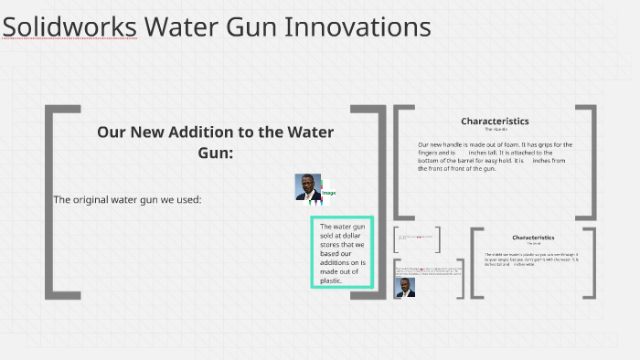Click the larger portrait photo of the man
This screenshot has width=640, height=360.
coord(307,186)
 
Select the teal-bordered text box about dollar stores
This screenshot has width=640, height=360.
coord(342,253)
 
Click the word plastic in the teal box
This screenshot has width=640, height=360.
coord(332,281)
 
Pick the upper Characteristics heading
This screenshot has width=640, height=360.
coord(495,121)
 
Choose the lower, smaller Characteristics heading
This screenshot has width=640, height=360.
coord(533,237)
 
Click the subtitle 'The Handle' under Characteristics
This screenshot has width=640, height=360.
coord(495,130)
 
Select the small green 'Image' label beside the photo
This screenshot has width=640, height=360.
coord(329,192)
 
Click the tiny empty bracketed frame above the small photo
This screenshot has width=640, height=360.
coord(417,239)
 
